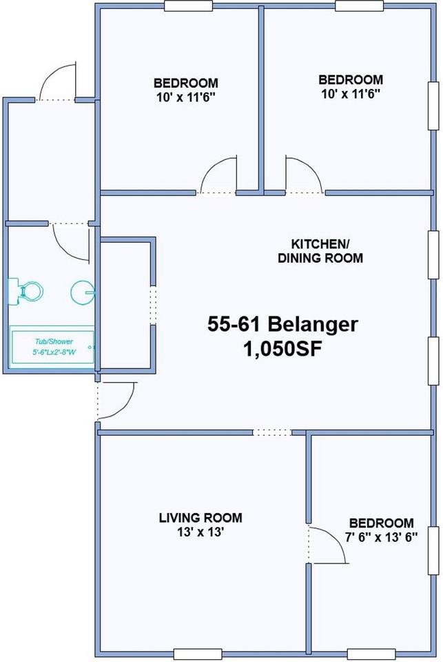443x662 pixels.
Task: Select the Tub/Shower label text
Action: point(54,341)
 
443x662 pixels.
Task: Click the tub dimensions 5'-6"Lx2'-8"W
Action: point(54,351)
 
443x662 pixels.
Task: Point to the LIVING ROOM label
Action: point(200,518)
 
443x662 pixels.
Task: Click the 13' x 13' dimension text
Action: point(200,532)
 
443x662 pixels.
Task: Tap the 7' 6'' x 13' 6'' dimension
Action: point(382,537)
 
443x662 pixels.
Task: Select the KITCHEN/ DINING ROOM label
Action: point(320,251)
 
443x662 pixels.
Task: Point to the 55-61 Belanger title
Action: point(282,324)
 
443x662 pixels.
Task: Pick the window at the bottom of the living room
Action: point(198,654)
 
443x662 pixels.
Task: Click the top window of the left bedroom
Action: point(188,6)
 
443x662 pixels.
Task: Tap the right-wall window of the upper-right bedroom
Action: point(433,106)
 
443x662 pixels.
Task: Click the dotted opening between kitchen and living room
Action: point(273,432)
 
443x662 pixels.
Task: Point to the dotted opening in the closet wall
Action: point(153,305)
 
